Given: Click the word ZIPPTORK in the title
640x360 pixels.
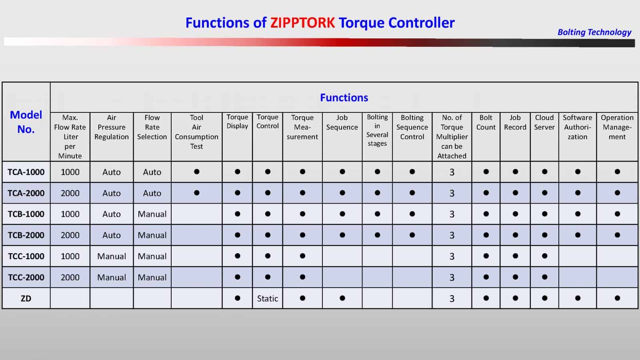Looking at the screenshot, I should [x=302, y=23].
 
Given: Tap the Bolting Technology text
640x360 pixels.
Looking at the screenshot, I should [x=594, y=32].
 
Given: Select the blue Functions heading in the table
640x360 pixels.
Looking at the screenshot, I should [x=344, y=98].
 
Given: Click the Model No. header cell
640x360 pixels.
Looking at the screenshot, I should [x=26, y=122].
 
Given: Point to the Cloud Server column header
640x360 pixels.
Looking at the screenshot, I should [x=544, y=122].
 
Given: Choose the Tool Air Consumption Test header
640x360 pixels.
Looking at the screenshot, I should [x=196, y=132].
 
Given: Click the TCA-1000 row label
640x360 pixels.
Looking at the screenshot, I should [x=26, y=172].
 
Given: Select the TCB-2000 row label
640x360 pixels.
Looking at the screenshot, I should [x=26, y=235].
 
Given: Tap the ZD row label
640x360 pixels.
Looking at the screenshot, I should [x=26, y=298].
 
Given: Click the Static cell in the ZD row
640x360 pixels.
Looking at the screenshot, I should [x=267, y=298].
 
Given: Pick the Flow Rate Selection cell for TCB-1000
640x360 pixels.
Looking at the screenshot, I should [x=152, y=214].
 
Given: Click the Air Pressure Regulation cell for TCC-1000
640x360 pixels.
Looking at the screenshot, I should [x=111, y=256].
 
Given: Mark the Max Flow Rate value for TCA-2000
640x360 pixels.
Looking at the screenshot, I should [x=70, y=193].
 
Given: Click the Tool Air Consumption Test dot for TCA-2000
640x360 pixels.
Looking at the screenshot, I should [x=196, y=193].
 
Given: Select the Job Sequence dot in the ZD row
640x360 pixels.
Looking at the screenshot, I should [x=342, y=298].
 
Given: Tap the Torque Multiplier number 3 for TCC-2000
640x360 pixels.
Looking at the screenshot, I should [x=452, y=278].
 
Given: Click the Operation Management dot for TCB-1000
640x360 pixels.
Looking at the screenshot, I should [x=617, y=214].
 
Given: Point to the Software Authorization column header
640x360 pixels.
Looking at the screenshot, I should [x=577, y=127].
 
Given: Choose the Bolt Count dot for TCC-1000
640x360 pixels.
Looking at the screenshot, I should [x=486, y=256].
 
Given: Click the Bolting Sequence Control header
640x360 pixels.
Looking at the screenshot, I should [x=412, y=127].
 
